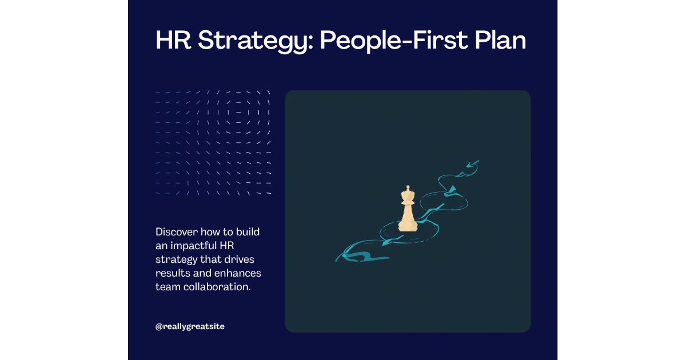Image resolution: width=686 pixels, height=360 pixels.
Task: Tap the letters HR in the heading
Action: [x=171, y=41]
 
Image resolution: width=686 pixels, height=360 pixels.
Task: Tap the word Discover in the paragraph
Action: [x=176, y=232]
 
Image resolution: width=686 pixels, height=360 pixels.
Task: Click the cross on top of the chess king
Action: [x=408, y=188]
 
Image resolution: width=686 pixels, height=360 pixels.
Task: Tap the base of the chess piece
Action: [x=408, y=227]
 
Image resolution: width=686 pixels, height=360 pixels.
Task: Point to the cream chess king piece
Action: [x=408, y=210]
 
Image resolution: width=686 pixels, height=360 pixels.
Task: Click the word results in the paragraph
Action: [x=170, y=273]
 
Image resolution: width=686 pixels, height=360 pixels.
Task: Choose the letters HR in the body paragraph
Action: [x=228, y=246]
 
